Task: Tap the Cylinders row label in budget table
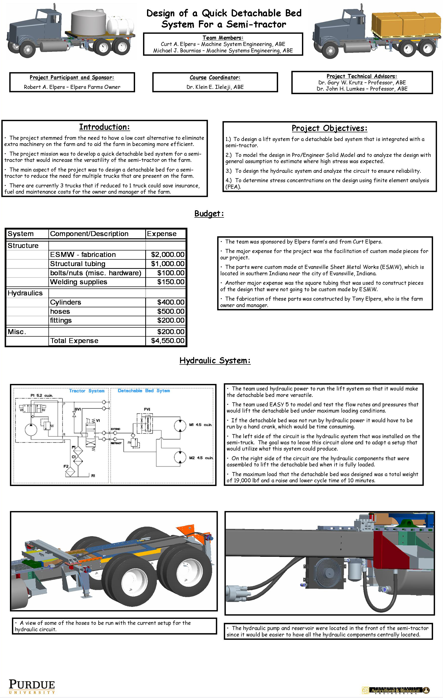pos(66,302)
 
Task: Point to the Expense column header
pos(162,234)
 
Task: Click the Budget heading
pos(209,214)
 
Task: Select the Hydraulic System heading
pos(215,360)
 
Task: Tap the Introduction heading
pos(105,127)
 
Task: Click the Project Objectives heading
pos(330,128)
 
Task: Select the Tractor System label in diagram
pos(86,391)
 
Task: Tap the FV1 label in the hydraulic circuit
pos(147,409)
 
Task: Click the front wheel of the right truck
pos(330,50)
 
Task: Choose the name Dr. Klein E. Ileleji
pos(215,87)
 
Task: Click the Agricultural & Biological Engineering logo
pos(395,690)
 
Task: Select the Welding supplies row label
pos(79,282)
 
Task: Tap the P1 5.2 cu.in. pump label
pos(41,395)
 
